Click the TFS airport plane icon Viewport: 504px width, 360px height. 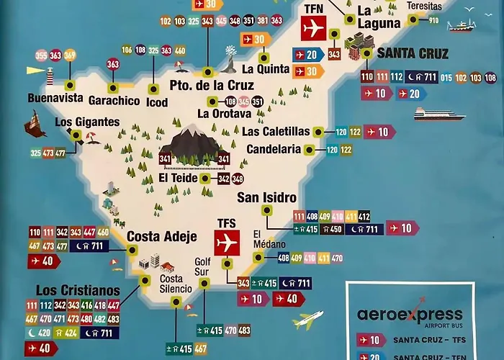pos(227,243)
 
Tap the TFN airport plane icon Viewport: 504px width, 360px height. pos(312,28)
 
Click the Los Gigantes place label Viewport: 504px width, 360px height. pos(87,122)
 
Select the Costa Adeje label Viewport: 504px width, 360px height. pos(157,236)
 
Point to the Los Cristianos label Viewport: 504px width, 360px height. pos(78,289)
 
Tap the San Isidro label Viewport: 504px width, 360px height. pos(266,197)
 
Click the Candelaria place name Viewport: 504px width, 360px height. pos(273,150)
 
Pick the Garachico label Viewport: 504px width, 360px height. pos(114,101)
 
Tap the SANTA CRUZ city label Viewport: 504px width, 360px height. pos(413,53)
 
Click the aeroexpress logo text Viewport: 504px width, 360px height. pos(410,315)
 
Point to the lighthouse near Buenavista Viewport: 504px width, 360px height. pos(51,74)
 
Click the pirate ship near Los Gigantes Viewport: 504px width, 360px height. pos(35,124)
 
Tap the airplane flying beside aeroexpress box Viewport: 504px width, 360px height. pos(308,319)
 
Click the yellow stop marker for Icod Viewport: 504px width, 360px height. pos(153,89)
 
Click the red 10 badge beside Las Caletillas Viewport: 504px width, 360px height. pos(380,132)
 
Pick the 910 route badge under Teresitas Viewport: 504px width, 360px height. pos(433,20)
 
